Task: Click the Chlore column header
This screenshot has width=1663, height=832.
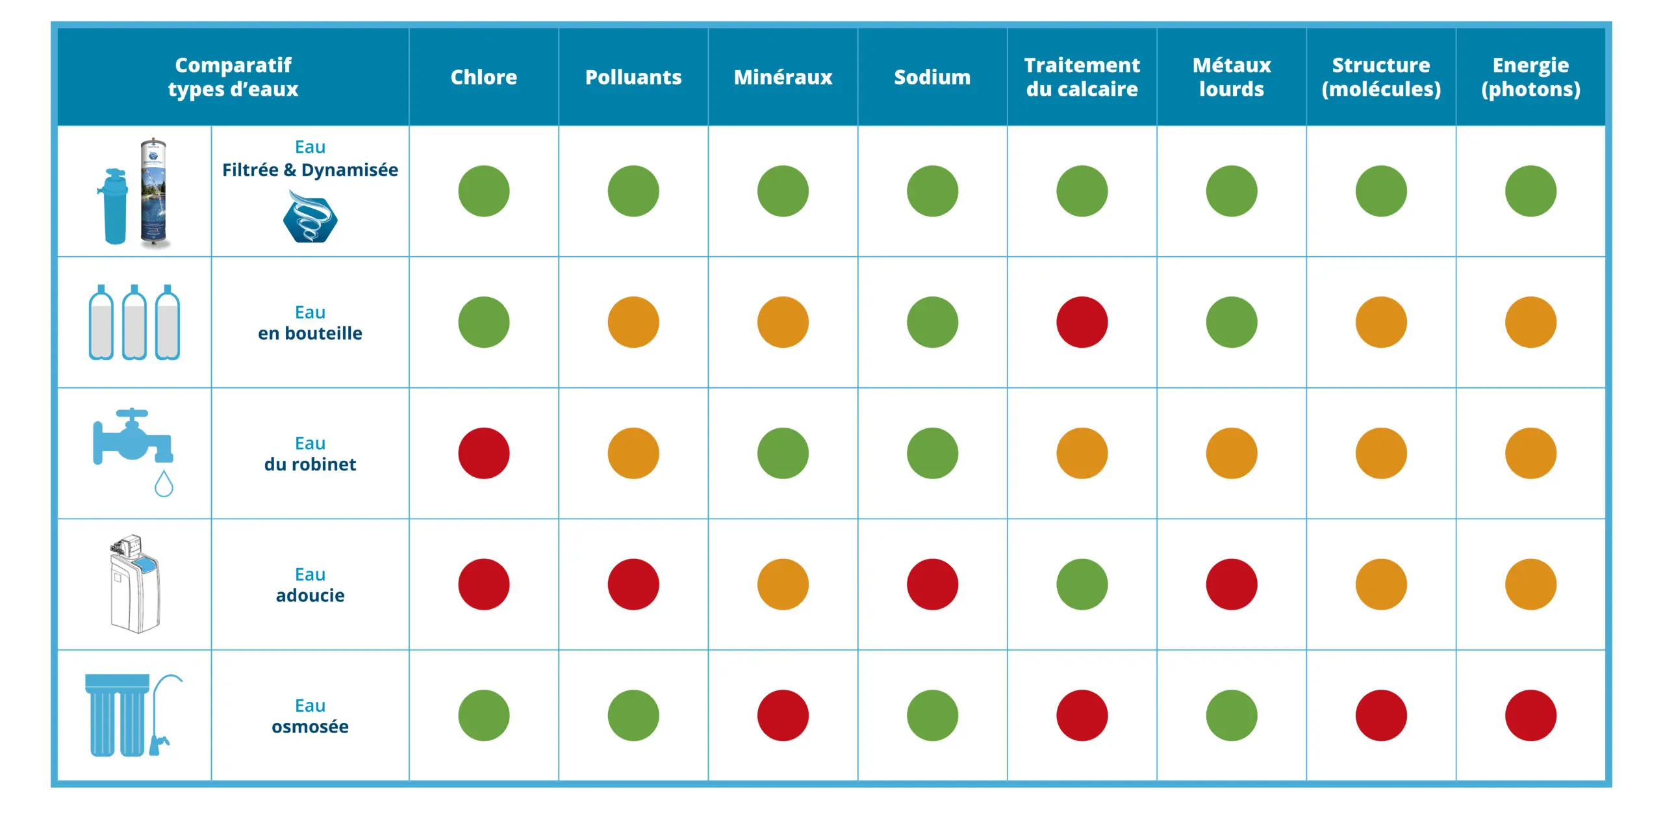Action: pos(483,77)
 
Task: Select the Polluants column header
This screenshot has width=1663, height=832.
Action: pos(633,77)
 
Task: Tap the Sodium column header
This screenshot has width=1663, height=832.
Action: pos(932,77)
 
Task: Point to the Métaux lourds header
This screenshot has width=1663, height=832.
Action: pos(1231,77)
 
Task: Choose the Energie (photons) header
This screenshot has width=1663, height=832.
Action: pos(1530,77)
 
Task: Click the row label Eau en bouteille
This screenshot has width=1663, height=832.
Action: pos(310,323)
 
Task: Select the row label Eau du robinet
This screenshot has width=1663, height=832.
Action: pos(310,454)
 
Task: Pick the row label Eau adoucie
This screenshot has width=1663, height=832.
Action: pos(310,585)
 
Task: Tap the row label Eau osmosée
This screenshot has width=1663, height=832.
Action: pos(310,716)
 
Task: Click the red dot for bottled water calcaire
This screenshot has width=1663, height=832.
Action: pos(1082,322)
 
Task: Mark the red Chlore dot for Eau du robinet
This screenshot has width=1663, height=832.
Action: pos(483,453)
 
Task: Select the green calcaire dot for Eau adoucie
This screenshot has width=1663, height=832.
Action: pos(1082,584)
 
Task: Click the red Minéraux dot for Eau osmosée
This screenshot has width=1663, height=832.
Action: pos(783,716)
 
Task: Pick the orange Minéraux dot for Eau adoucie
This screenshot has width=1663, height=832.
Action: pos(783,584)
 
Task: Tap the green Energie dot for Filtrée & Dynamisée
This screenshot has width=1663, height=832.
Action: pos(1530,191)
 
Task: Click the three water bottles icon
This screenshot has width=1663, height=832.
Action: pos(134,322)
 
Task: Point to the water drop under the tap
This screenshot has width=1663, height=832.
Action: pos(164,484)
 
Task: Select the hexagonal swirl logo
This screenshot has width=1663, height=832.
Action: pos(310,218)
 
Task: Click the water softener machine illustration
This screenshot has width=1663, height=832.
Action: pos(134,584)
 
